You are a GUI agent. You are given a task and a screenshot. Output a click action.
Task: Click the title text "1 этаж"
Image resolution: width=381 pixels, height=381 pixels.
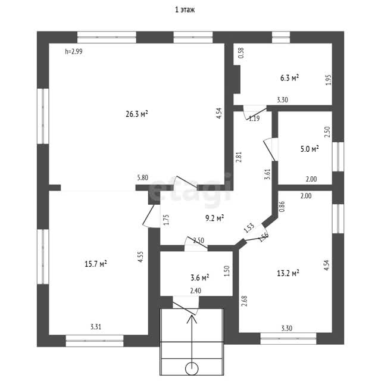[185, 10]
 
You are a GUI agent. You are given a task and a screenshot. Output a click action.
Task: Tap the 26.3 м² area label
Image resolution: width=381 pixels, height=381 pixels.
[137, 114]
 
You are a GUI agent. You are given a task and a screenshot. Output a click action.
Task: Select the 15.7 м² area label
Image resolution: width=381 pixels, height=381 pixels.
[96, 264]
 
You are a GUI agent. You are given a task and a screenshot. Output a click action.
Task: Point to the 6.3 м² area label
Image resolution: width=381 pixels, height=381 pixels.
[289, 78]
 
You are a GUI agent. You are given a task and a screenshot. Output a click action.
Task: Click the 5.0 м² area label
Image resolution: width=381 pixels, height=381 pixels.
[310, 149]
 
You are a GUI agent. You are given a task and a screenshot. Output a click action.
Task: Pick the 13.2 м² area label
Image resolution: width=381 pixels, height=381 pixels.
[288, 273]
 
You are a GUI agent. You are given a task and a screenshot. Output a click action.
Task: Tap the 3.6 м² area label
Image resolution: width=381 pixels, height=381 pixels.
[200, 277]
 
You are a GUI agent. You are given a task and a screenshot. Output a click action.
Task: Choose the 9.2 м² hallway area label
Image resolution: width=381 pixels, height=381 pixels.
[214, 218]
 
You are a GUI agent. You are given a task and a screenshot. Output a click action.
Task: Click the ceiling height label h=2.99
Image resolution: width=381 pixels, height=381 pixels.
[74, 52]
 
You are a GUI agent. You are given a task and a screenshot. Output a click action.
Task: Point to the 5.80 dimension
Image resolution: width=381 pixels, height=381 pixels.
[143, 177]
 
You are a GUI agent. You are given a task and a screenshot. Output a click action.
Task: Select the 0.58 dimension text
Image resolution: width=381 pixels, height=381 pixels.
[241, 53]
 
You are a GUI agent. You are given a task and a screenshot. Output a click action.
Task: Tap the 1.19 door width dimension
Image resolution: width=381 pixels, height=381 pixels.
[254, 118]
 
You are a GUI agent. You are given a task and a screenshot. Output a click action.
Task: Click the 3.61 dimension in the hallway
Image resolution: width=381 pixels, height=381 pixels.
[267, 174]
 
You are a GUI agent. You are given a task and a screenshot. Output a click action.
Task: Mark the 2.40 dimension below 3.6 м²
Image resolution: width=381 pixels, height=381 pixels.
[196, 291]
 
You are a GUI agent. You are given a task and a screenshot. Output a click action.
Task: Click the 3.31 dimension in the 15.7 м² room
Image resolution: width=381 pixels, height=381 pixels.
[96, 327]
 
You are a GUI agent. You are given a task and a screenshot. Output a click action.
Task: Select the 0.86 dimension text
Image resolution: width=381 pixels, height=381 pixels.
[282, 207]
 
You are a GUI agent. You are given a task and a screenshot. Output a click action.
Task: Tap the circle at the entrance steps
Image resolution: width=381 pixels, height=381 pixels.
[192, 369]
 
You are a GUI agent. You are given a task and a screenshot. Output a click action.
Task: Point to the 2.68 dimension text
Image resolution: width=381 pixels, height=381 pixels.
[245, 301]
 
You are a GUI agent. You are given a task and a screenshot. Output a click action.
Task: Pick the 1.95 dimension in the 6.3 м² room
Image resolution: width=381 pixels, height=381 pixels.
[328, 80]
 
